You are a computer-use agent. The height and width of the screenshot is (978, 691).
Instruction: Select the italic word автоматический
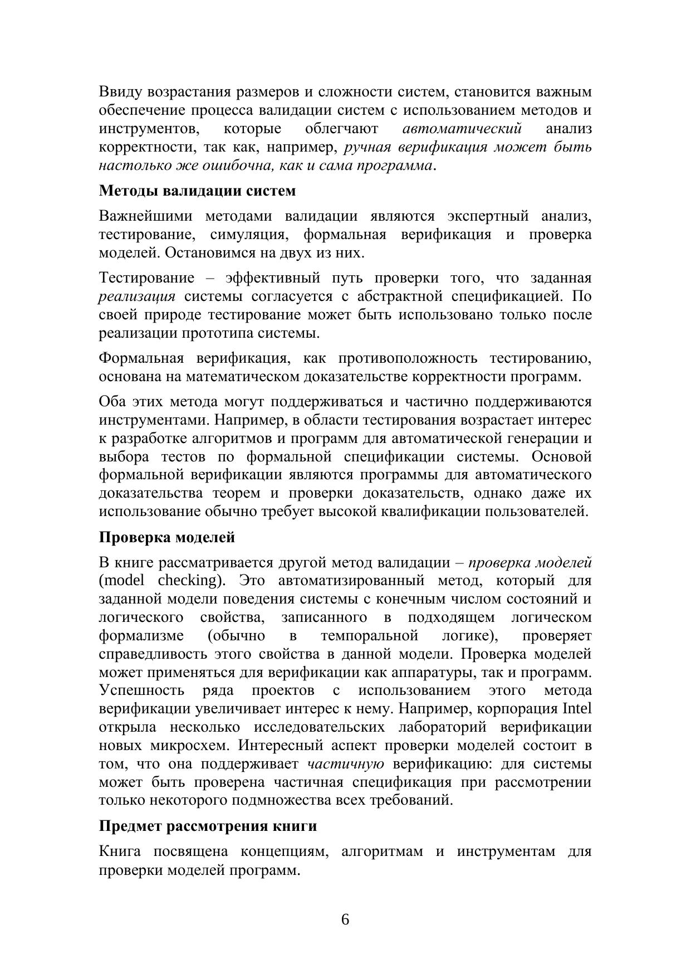(x=462, y=129)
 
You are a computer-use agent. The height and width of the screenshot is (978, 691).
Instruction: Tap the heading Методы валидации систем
(x=197, y=191)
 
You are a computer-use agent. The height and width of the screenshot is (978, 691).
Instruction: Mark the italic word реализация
(x=137, y=296)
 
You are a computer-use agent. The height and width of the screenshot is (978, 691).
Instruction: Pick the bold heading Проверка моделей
(x=167, y=537)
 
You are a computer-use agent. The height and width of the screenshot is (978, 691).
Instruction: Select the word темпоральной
(x=369, y=636)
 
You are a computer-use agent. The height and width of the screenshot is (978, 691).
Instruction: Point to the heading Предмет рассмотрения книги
(x=208, y=826)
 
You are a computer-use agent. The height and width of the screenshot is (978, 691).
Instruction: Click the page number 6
(x=345, y=919)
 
